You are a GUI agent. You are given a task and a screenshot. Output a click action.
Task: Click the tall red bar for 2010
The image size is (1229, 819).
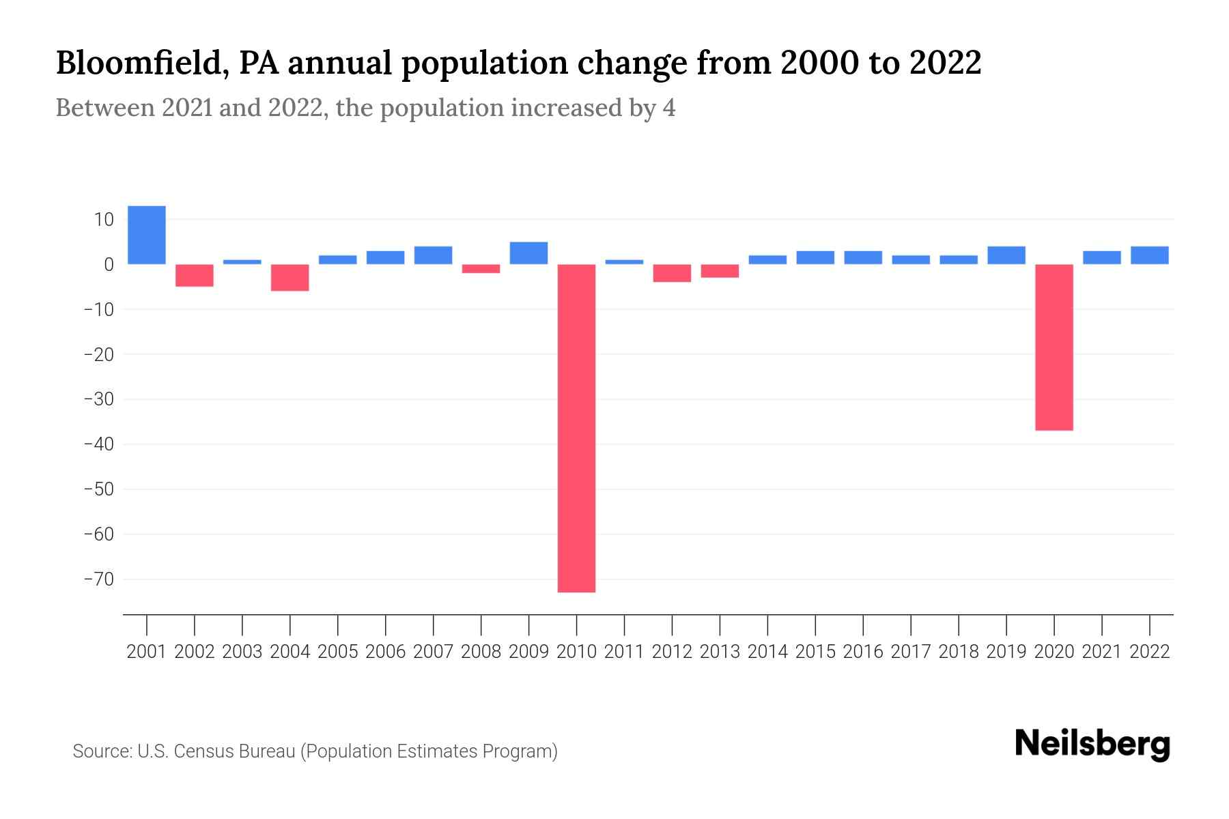pyautogui.click(x=576, y=428)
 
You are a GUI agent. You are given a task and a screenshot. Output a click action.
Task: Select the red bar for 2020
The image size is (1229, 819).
pyautogui.click(x=1054, y=347)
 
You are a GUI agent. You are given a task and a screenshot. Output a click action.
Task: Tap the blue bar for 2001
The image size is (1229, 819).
pyautogui.click(x=147, y=235)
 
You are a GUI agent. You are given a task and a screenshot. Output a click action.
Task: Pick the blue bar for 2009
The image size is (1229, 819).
pyautogui.click(x=528, y=253)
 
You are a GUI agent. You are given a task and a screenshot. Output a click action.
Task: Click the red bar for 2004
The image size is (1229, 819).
pyautogui.click(x=290, y=278)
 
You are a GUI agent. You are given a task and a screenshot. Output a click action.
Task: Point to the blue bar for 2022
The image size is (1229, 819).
pyautogui.click(x=1150, y=255)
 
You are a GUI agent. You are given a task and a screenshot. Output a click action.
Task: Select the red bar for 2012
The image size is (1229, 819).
pyautogui.click(x=672, y=273)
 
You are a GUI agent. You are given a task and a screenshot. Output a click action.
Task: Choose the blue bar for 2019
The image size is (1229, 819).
pyautogui.click(x=1006, y=255)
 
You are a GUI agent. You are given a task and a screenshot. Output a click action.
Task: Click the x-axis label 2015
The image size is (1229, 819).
pyautogui.click(x=815, y=652)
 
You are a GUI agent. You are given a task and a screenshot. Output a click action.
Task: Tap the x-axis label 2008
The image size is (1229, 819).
pyautogui.click(x=481, y=652)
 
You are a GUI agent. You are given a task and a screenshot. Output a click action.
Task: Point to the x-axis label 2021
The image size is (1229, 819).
pyautogui.click(x=1102, y=652)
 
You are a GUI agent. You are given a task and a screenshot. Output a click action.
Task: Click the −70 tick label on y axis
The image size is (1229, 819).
pyautogui.click(x=98, y=579)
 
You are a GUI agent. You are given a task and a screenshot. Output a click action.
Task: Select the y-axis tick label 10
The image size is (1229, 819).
pyautogui.click(x=104, y=219)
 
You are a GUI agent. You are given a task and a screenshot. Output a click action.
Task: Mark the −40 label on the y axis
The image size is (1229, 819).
pyautogui.click(x=98, y=444)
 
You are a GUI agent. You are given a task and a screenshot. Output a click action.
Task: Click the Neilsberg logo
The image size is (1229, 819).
pyautogui.click(x=1092, y=744)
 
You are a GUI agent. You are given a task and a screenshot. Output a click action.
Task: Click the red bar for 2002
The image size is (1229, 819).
pyautogui.click(x=195, y=275)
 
